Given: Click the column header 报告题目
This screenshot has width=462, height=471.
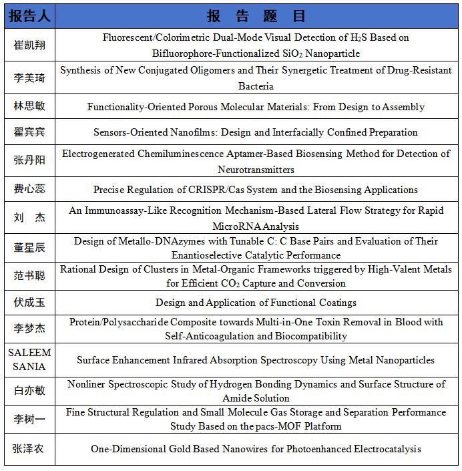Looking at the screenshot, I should click(256, 15).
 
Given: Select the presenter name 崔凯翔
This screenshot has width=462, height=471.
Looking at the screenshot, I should click(29, 45).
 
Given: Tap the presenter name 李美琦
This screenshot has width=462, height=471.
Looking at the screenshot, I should click(29, 77).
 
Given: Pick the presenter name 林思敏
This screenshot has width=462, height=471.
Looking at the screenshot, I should click(29, 107).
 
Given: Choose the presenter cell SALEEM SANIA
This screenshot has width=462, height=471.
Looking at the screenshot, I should click(29, 360).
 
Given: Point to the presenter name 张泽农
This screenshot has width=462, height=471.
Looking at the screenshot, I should click(29, 449).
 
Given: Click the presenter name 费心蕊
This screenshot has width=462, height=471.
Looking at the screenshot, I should click(29, 190).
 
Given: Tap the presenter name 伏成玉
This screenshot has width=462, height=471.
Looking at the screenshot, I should click(29, 303).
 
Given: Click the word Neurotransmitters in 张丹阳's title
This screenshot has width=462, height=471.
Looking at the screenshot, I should click(256, 170).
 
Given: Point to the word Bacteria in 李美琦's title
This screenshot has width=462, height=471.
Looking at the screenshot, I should click(256, 86).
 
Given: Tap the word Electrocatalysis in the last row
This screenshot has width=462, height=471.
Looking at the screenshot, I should click(383, 449).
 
